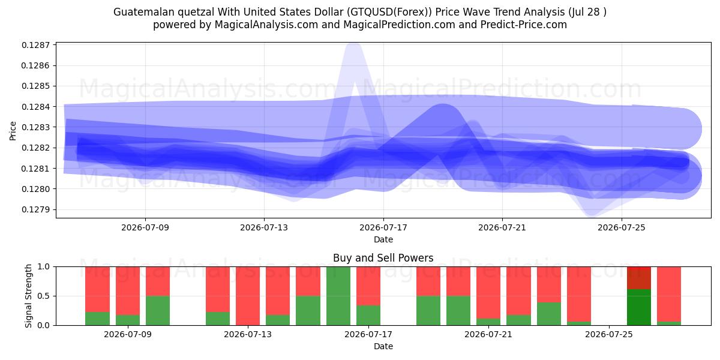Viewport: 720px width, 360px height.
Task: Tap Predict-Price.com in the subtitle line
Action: click(x=524, y=25)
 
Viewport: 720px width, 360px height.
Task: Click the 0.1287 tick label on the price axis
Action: click(x=35, y=45)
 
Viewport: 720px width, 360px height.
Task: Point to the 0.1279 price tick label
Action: click(x=35, y=209)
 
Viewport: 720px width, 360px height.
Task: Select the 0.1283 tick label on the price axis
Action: click(x=35, y=127)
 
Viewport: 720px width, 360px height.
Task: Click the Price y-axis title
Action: click(x=13, y=131)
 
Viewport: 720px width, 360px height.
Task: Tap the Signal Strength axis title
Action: click(x=28, y=296)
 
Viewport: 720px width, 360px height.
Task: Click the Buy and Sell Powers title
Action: click(x=383, y=258)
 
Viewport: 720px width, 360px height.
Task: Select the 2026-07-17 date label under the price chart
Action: click(x=383, y=227)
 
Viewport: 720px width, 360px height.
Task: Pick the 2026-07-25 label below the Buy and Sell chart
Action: click(x=609, y=334)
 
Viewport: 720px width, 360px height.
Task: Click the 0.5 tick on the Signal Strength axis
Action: click(x=44, y=296)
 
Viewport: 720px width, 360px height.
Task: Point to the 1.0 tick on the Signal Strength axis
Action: click(x=44, y=266)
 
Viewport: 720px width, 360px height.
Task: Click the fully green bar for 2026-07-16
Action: click(x=338, y=296)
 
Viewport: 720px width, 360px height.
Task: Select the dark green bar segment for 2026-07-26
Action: click(x=639, y=307)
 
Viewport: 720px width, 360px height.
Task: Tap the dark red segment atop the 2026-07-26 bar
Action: click(x=639, y=278)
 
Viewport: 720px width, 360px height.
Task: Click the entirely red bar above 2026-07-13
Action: click(x=248, y=296)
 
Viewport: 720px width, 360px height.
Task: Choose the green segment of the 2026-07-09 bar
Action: click(x=128, y=320)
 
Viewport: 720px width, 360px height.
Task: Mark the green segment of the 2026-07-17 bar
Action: click(x=368, y=316)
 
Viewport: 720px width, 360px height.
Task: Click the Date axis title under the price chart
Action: click(x=383, y=239)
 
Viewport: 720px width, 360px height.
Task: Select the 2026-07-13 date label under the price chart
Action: click(x=264, y=227)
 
